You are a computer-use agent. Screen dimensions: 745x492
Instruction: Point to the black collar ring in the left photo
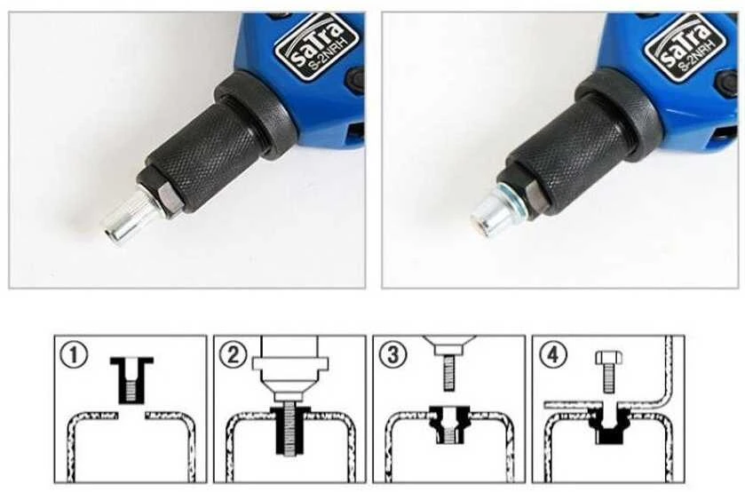coord(254,113)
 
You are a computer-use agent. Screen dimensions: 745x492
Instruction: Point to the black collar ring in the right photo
coord(619,112)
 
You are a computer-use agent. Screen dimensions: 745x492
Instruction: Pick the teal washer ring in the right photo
coord(510,198)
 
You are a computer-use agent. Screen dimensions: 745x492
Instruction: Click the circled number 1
coord(74,354)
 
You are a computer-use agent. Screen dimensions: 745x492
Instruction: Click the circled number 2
coord(234,354)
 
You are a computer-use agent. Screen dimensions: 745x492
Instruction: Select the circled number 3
coord(392,354)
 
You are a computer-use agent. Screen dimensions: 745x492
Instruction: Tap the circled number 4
coord(552,354)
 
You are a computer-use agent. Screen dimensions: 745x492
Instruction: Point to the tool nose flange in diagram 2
coord(290,363)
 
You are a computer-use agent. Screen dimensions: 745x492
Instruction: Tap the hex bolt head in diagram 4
coord(608,358)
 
